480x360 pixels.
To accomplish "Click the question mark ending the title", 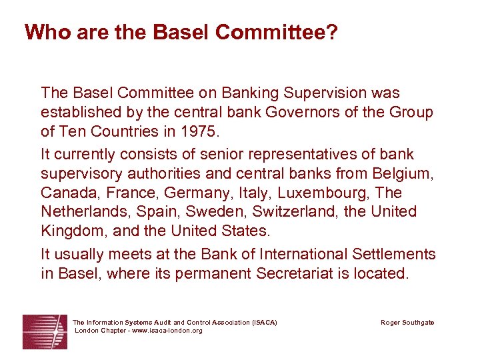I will coord(330,32).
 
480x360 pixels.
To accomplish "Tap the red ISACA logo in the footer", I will coord(45,331).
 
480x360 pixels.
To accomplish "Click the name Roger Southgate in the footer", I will coord(407,323).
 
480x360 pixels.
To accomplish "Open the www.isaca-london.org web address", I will coord(166,331).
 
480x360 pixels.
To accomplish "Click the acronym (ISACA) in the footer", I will coord(265,323).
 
